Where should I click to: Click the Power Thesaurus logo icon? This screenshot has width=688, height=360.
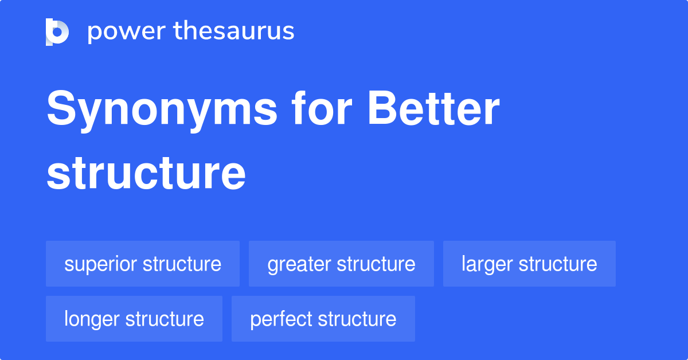click(x=57, y=32)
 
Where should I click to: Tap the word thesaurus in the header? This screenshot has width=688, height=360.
click(x=234, y=32)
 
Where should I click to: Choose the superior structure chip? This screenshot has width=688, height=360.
click(x=143, y=264)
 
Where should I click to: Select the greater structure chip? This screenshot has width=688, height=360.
click(x=341, y=264)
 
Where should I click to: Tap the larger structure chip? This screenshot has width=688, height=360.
click(x=529, y=264)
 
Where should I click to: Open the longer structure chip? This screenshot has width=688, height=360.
click(x=134, y=319)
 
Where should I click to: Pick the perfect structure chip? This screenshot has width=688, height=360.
click(x=323, y=319)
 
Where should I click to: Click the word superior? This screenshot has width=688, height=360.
click(x=100, y=264)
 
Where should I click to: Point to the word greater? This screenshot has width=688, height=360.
click(x=299, y=264)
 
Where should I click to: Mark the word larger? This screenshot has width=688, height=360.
click(x=487, y=264)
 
